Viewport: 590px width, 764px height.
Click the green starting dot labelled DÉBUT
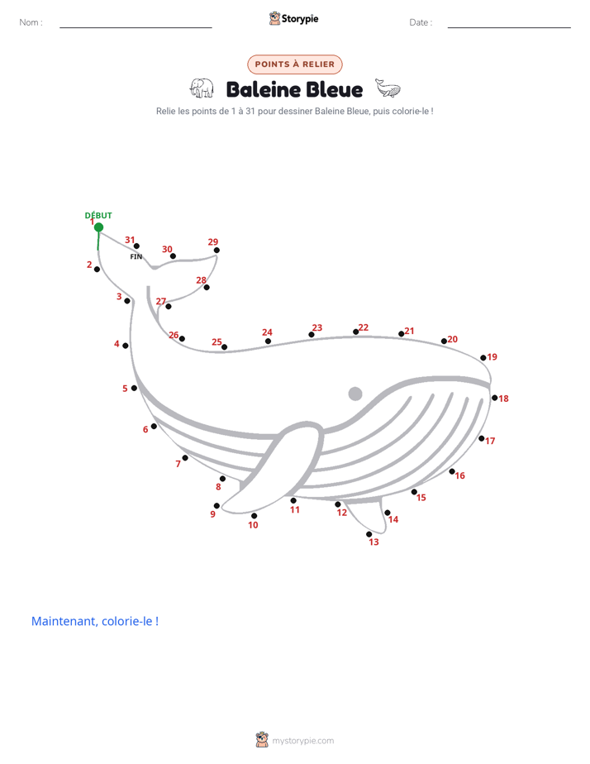pos(98,227)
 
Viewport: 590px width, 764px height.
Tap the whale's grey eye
pos(355,394)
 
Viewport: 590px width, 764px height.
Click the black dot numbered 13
pos(369,534)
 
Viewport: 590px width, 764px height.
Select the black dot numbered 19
pos(483,358)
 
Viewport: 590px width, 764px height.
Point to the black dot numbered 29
pos(216,251)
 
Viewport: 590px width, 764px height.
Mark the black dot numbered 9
pos(216,506)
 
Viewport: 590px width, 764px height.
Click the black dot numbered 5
pos(134,388)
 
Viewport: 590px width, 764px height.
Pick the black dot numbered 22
pos(356,332)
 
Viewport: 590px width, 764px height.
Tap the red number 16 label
pos(460,475)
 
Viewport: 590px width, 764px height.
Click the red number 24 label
pos(267,332)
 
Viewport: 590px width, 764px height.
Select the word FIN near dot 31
pos(136,257)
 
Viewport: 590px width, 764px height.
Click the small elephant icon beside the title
pos(202,88)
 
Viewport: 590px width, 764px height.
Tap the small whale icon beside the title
pos(388,88)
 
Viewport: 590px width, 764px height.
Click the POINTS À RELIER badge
pos(295,64)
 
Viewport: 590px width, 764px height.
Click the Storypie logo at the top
pos(294,18)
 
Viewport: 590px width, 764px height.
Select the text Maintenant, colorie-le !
pos(95,621)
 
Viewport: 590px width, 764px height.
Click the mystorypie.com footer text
pos(302,741)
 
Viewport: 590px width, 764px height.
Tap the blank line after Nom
pos(136,27)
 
